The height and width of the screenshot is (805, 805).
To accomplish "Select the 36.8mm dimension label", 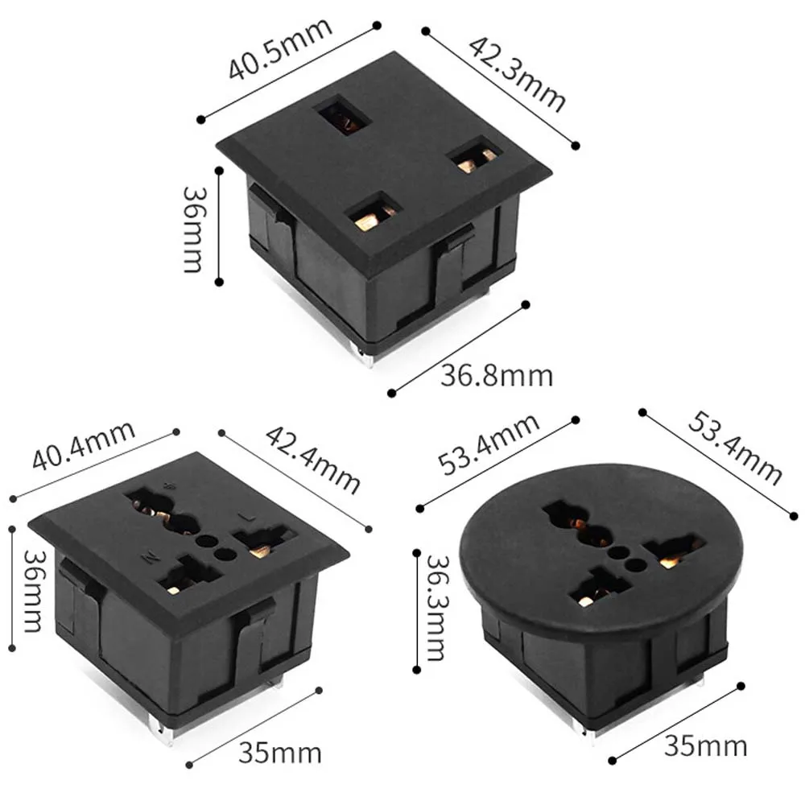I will (x=496, y=375).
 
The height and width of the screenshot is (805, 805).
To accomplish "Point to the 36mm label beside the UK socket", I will (x=193, y=229).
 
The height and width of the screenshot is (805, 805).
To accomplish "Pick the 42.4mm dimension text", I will (x=312, y=458).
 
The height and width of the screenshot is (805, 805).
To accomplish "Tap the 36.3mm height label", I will (x=436, y=607).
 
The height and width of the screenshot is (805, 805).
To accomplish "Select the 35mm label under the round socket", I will (x=705, y=746).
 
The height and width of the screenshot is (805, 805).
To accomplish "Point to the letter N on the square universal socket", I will (x=150, y=556).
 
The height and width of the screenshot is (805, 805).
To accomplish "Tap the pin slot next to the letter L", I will (x=262, y=542).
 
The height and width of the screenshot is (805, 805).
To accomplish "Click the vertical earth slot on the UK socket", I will (x=344, y=115).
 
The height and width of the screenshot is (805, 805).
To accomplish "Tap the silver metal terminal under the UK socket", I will (x=367, y=357).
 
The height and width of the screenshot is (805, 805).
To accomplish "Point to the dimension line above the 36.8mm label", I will (x=458, y=348).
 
